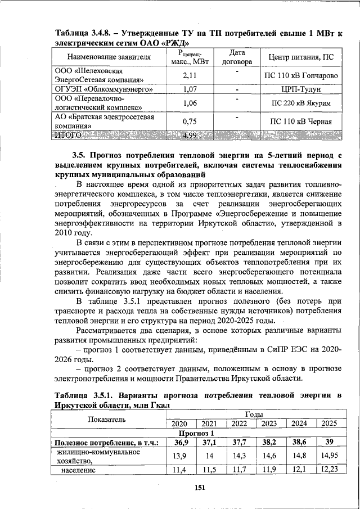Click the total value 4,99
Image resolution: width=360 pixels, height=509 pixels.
click(x=189, y=135)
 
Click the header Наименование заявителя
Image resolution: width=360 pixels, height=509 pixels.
click(x=109, y=57)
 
